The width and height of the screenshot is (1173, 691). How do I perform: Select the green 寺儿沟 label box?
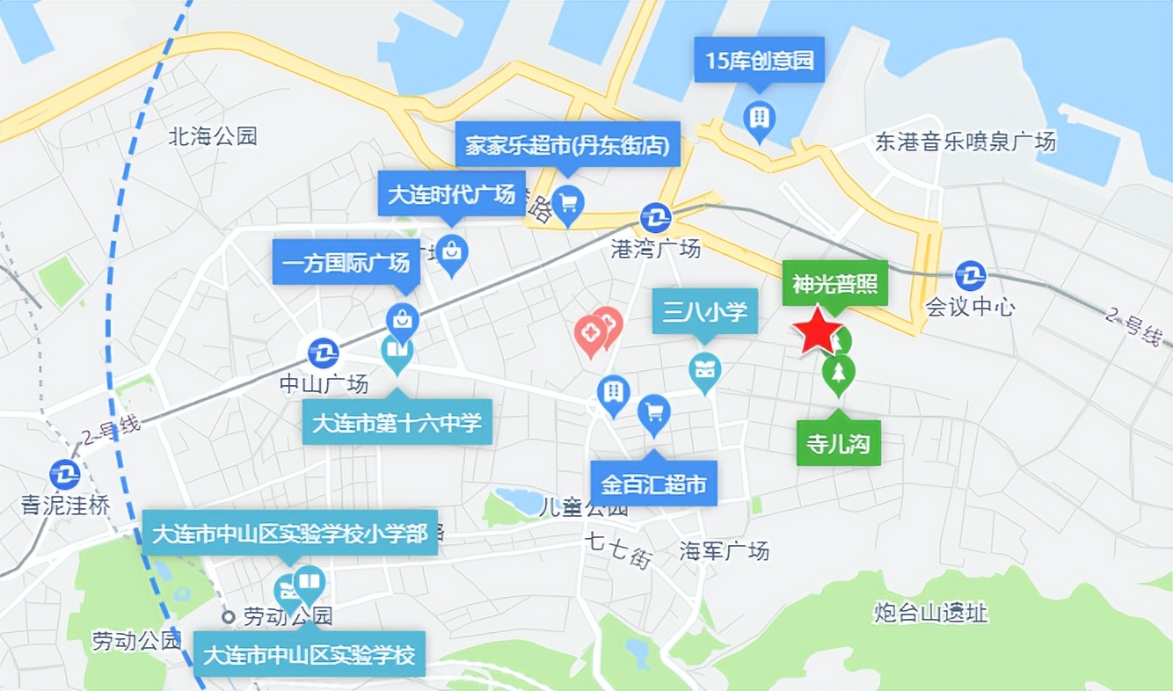(838, 444)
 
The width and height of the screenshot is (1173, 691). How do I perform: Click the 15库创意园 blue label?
(760, 61)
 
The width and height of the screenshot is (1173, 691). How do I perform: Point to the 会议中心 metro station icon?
(971, 276)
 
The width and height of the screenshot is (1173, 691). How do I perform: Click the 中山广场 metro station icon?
(324, 353)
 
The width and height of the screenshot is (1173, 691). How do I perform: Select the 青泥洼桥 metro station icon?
(65, 475)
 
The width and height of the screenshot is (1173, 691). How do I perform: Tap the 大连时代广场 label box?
(451, 193)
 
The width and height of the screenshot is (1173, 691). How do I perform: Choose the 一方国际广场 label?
(346, 262)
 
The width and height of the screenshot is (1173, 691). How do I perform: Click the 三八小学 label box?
(704, 310)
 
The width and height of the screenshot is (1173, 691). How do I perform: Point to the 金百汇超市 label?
(653, 484)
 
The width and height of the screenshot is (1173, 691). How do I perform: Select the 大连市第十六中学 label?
(397, 424)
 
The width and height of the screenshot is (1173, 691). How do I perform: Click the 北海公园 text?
(213, 136)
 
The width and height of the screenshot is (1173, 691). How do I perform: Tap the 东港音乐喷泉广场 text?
(965, 142)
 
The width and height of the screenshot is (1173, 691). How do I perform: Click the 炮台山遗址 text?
(931, 613)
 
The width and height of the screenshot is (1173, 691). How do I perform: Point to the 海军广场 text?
(725, 551)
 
